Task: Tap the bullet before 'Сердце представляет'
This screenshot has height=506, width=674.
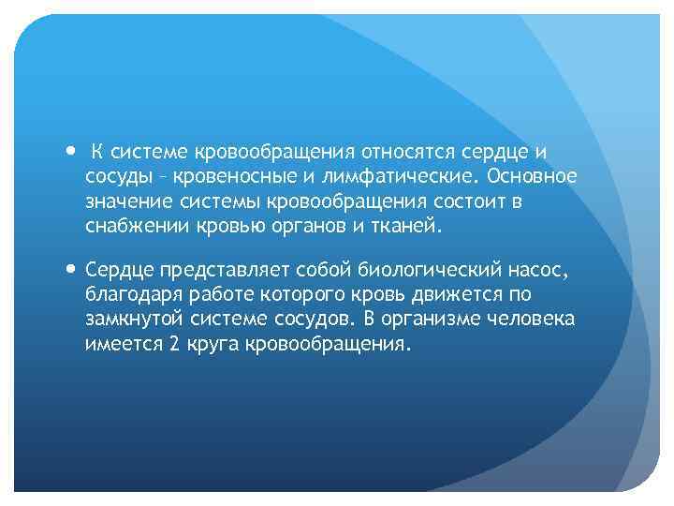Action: [73, 270]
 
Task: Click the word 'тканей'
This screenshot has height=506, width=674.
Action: [402, 226]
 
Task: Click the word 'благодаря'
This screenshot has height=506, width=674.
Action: [127, 294]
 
